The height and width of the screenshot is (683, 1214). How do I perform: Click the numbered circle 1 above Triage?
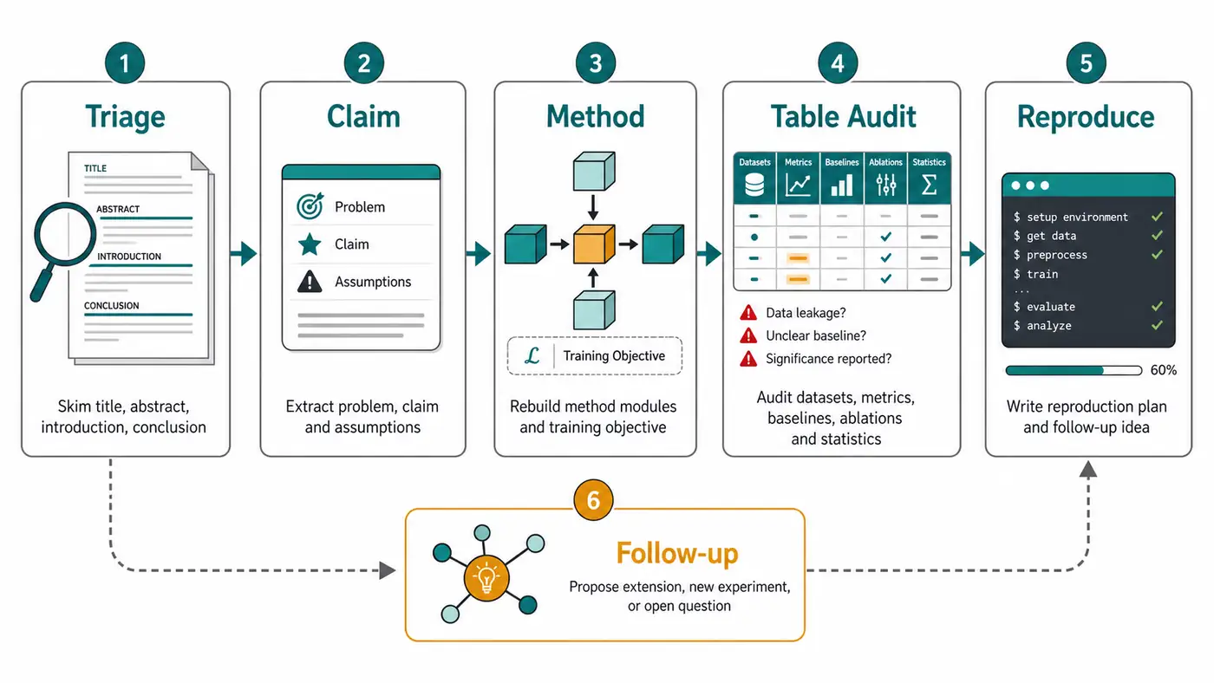click(125, 62)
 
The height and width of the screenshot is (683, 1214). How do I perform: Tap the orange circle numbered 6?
click(593, 500)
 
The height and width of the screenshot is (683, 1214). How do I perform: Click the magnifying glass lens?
click(65, 234)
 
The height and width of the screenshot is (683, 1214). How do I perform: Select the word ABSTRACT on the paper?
click(118, 209)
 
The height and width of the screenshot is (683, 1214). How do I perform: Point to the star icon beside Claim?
click(310, 244)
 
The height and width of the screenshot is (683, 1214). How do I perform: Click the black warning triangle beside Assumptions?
click(310, 282)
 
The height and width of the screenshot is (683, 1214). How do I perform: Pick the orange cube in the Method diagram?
click(594, 244)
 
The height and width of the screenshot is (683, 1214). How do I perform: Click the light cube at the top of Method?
click(594, 171)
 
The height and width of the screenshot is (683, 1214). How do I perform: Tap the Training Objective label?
click(614, 356)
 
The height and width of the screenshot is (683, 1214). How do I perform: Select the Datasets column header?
click(754, 162)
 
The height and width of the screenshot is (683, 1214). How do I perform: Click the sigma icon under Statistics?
click(929, 184)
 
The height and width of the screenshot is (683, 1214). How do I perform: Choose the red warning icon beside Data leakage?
click(748, 313)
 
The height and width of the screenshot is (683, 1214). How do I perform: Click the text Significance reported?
click(829, 359)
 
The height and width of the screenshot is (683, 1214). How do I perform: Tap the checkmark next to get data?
click(1157, 236)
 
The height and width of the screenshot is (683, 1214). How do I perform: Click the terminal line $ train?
click(1035, 274)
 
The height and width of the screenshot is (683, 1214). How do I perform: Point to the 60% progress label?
click(1164, 370)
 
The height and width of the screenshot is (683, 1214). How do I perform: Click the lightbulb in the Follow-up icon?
click(486, 578)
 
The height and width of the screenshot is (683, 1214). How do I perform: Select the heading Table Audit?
click(843, 116)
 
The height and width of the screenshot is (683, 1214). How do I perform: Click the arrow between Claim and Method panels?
click(479, 253)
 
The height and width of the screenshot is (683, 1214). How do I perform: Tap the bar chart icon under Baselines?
click(842, 185)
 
